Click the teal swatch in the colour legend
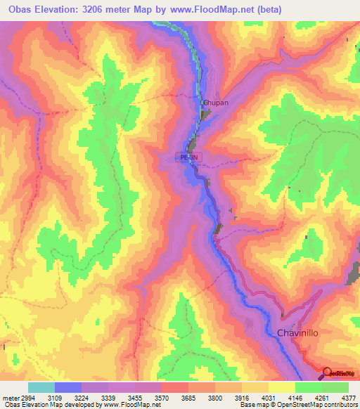coord(41,387)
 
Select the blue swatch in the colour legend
coord(68,387)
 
